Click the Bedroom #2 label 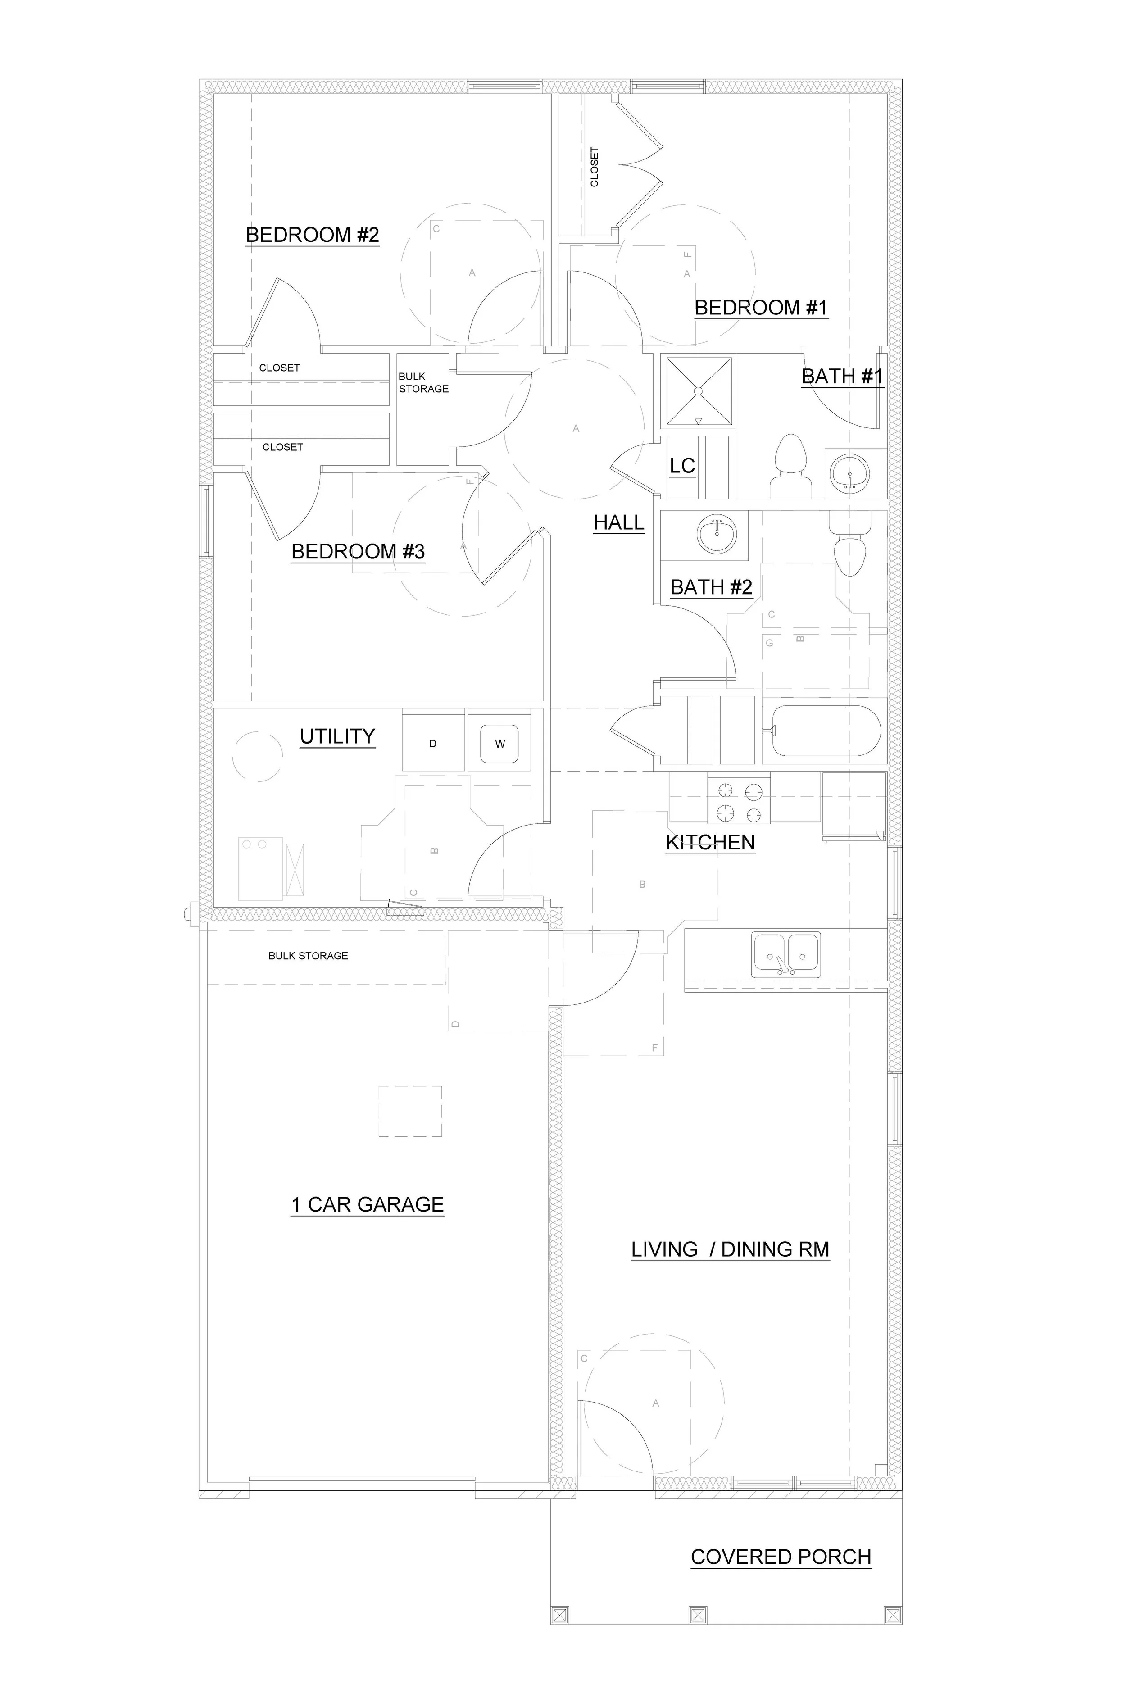coord(313,235)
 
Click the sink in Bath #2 coord(716,535)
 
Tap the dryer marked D coord(433,743)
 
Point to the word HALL coord(618,523)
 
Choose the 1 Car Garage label coord(367,1204)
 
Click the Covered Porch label coord(781,1557)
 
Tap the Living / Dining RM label coord(730,1249)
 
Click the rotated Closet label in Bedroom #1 coord(595,167)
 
